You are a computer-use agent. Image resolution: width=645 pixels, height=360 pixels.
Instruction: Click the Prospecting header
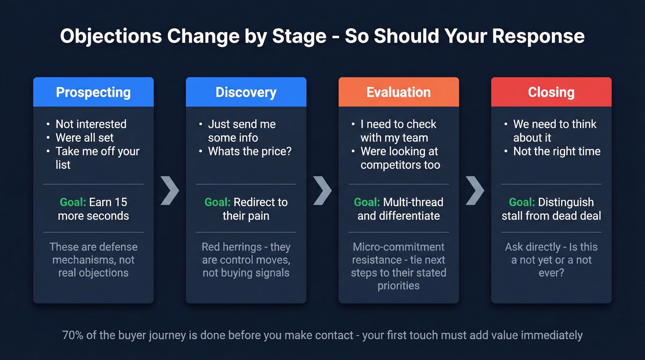point(93,92)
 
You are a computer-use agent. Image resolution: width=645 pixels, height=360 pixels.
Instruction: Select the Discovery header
point(246,92)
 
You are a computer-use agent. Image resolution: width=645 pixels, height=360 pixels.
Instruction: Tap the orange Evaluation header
point(399,92)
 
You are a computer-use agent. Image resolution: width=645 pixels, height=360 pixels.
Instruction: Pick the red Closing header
point(551,92)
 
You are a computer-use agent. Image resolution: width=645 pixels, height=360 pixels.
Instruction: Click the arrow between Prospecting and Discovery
point(170,189)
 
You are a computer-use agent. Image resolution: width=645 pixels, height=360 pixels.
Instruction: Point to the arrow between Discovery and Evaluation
point(322,189)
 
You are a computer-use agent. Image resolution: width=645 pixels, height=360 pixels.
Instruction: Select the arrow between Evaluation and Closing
point(475,189)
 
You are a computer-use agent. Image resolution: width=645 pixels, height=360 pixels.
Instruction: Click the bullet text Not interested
point(91,124)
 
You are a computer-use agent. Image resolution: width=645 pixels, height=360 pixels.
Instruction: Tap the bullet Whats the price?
point(250,151)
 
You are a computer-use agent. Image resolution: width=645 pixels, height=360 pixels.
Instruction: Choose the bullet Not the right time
point(557,151)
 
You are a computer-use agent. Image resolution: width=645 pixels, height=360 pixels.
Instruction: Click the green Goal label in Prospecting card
point(73,202)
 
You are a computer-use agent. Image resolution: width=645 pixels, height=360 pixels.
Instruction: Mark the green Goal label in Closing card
point(522,202)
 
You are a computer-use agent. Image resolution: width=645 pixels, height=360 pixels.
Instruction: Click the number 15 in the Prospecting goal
point(121,202)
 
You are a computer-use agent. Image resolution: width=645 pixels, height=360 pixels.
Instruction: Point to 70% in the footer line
point(73,335)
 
